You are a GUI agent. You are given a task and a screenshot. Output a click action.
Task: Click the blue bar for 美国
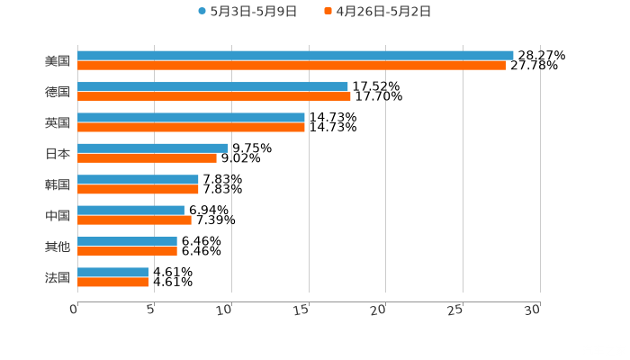pos(295,56)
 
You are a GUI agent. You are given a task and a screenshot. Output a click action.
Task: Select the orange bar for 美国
pos(292,66)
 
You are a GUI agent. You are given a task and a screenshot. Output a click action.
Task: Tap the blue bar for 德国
pos(212,87)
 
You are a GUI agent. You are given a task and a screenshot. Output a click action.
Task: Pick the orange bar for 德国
pos(214,97)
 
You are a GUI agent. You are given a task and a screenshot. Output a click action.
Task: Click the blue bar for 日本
pos(153,148)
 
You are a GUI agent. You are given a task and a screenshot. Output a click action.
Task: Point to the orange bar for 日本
pos(147,158)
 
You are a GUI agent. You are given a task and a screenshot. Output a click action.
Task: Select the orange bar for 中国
pos(134,220)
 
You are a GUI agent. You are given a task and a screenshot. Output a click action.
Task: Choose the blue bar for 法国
pos(112,272)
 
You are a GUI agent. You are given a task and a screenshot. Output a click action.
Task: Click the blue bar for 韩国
pos(138,180)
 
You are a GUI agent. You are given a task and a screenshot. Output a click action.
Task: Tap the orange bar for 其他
pos(127,251)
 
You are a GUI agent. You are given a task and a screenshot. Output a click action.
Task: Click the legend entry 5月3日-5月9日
pos(247,12)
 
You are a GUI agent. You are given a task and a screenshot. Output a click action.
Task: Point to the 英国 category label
pos(58,122)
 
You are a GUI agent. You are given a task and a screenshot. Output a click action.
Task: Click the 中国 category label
pos(58,216)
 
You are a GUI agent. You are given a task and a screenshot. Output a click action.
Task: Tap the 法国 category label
pos(58,277)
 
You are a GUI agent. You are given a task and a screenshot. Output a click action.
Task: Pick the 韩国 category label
pos(58,184)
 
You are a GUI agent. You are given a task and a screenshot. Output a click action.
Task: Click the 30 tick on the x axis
pos(533,310)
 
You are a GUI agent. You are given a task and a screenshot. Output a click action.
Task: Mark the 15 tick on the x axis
pos(303,310)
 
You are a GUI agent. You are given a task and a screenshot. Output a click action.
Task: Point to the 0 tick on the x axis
pos(75,310)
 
